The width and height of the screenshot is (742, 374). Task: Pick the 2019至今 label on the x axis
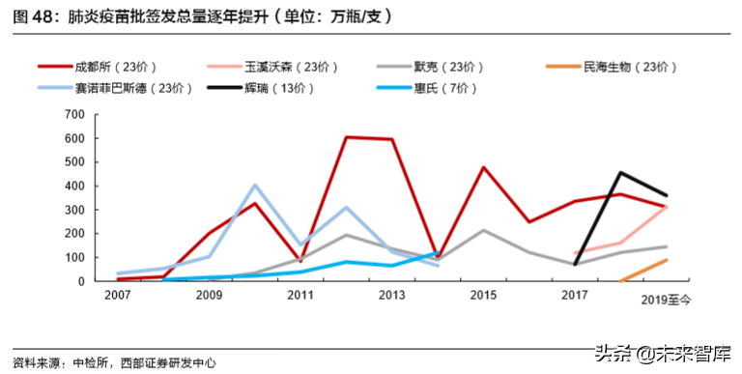666,301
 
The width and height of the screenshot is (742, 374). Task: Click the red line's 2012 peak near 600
345,137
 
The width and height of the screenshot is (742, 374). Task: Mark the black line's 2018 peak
619,173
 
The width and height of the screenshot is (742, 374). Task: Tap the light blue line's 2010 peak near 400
255,185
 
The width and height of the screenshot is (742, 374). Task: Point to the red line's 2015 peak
483,167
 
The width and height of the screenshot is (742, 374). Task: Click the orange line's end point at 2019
667,259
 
